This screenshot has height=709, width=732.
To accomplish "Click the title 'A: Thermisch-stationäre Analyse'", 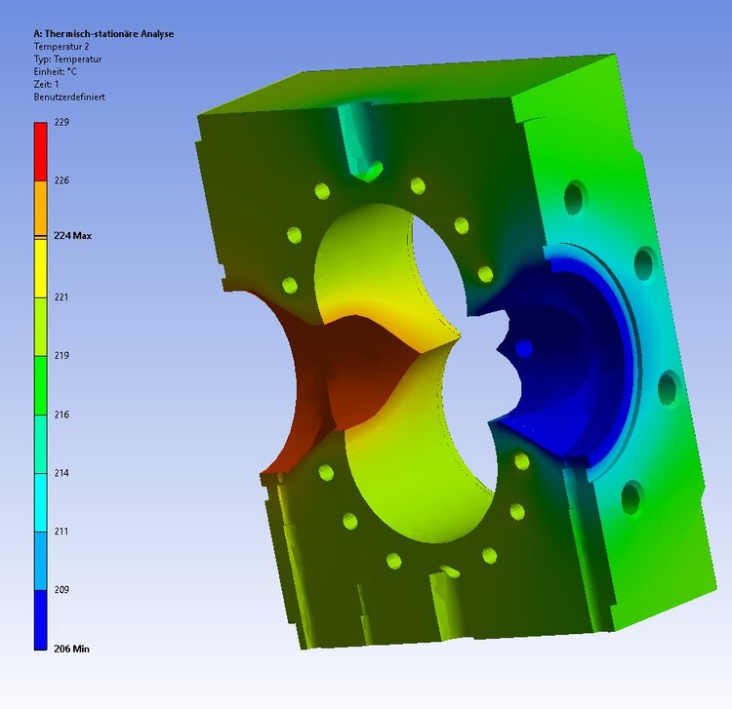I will point(103,34).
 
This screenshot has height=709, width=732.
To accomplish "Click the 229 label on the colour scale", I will point(61,122).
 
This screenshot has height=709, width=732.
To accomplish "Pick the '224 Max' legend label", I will point(70,235).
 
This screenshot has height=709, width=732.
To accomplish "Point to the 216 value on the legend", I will point(61,414).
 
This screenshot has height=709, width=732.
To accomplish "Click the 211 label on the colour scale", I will point(61,532).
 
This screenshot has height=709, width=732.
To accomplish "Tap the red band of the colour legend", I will point(40,151).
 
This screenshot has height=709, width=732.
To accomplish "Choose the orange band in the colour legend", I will point(40,208).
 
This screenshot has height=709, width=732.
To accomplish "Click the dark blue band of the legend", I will point(40,619).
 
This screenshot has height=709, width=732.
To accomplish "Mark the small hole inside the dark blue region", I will point(524,347).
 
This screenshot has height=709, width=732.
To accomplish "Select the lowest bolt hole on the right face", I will point(631,497).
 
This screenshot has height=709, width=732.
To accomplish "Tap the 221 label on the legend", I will point(61,297).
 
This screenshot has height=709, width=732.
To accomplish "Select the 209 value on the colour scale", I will point(61,590).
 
